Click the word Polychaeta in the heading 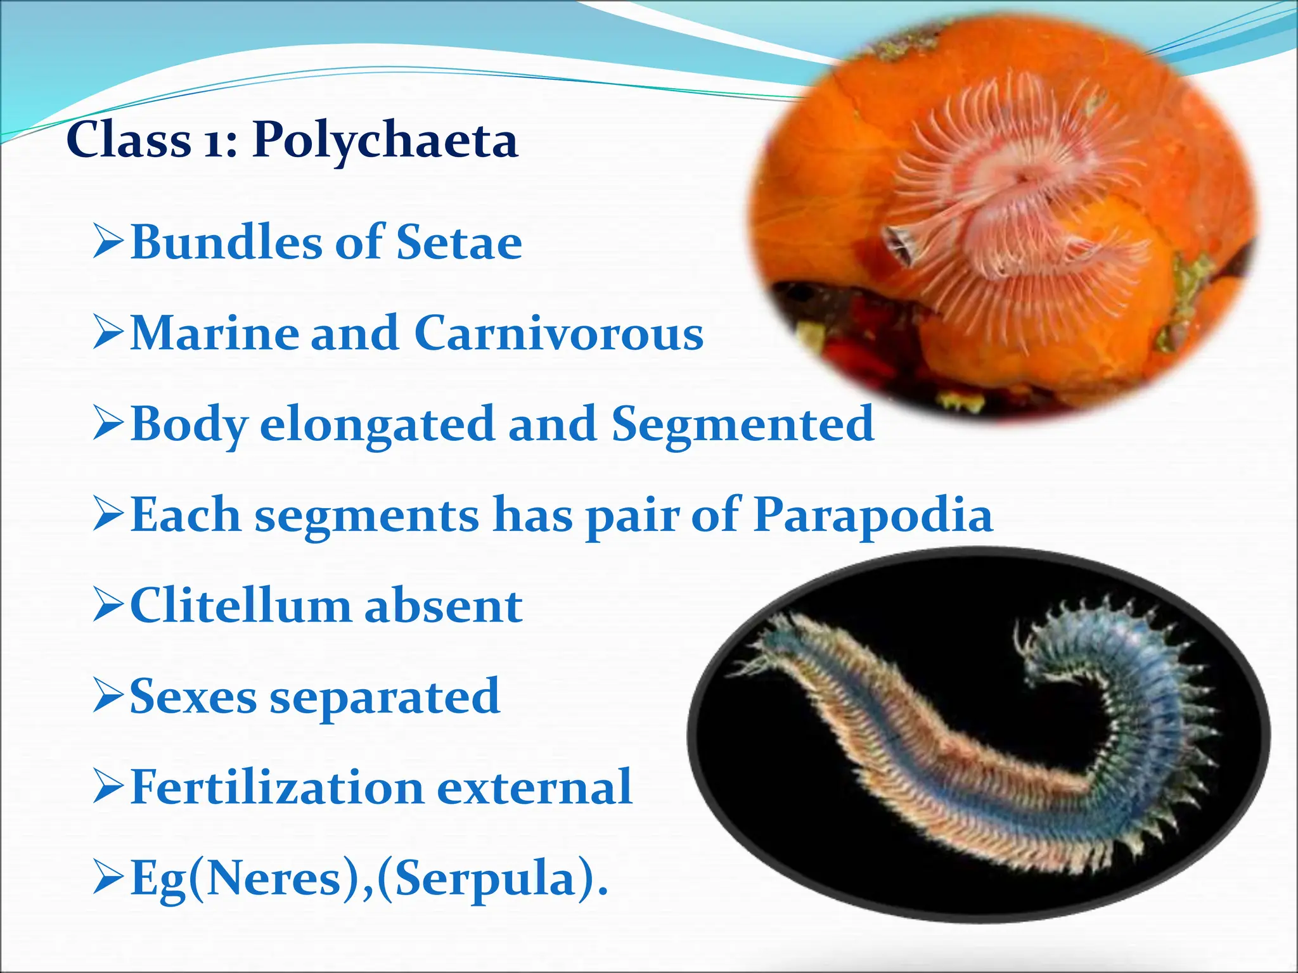point(385,141)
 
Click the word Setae point(459,243)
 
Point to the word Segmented point(743,424)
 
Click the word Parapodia point(873,515)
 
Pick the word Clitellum point(240,606)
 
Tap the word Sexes point(193,697)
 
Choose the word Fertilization point(276,787)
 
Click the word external point(534,787)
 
